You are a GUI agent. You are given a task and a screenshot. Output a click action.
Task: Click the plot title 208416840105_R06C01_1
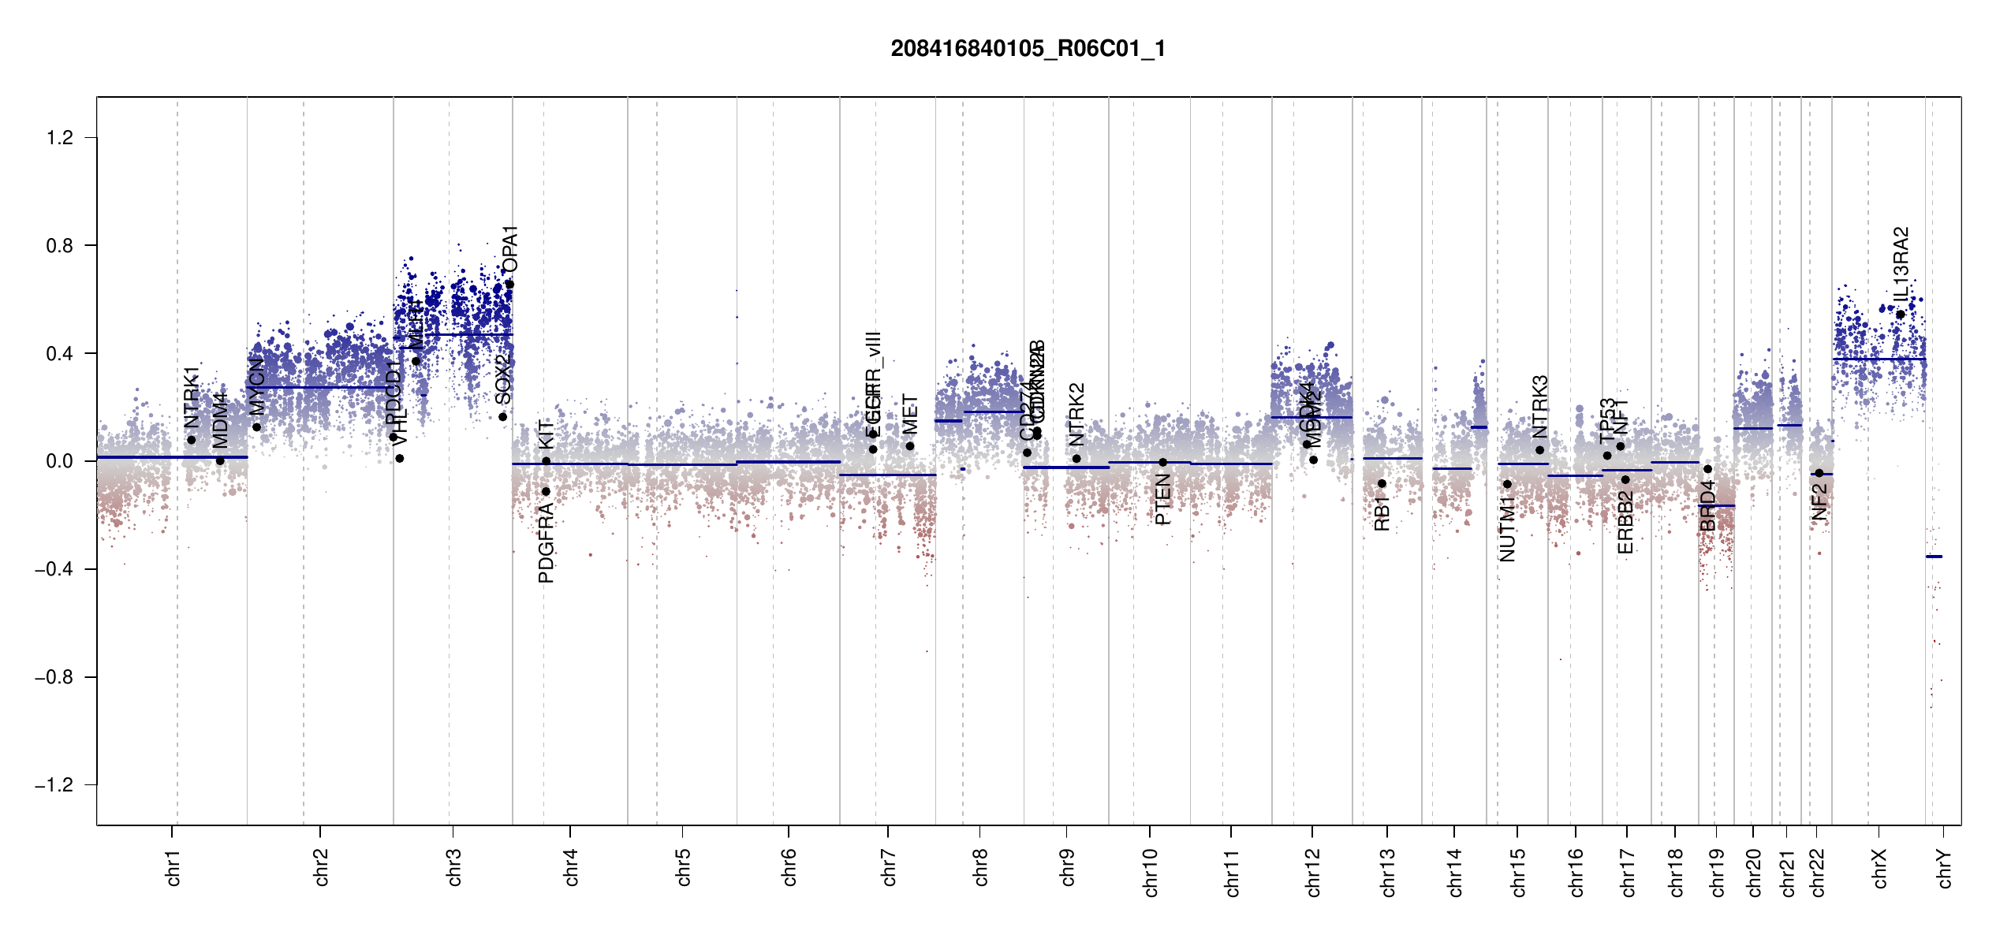coord(1028,49)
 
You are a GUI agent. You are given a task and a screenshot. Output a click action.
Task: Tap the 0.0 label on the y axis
coord(60,461)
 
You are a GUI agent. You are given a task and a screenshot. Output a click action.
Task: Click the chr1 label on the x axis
coord(173,867)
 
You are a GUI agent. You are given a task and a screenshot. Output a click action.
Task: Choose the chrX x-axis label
coord(1880,868)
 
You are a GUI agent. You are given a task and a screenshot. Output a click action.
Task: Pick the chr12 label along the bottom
coord(1313,872)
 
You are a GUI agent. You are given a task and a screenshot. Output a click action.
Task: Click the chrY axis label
coord(1945,868)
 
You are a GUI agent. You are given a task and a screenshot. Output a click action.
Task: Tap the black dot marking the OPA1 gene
coord(509,285)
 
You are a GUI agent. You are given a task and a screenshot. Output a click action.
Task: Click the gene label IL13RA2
coord(1901,263)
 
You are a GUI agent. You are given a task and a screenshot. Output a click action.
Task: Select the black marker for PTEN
coord(1162,463)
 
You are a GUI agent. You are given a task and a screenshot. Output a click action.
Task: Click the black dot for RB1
coord(1382,483)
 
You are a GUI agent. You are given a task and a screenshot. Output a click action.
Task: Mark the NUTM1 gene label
coord(1508,529)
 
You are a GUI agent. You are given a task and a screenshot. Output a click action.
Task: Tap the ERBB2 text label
coord(1625,522)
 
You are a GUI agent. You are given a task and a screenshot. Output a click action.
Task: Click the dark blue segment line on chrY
coord(1934,557)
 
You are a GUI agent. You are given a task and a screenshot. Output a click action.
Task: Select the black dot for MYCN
coord(256,427)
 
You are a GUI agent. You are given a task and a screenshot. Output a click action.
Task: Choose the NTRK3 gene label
coord(1540,406)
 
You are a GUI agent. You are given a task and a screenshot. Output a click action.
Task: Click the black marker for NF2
coord(1819,473)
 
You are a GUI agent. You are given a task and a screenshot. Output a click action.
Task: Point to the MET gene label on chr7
coord(910,415)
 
